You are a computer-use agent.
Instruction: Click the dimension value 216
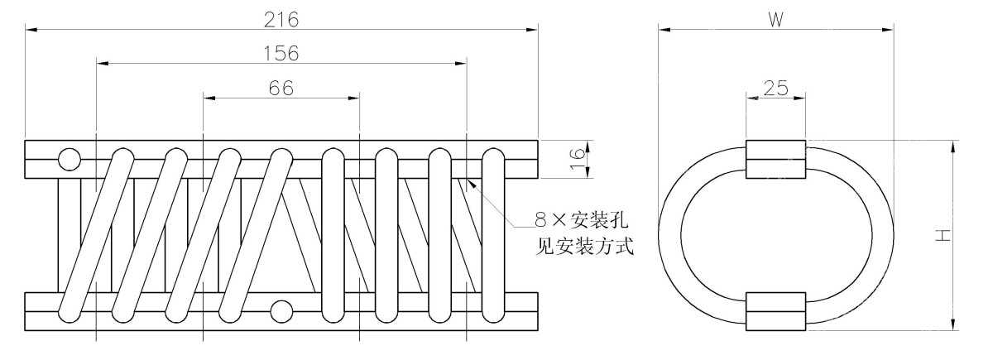click(x=281, y=18)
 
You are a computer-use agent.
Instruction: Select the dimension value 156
click(x=281, y=52)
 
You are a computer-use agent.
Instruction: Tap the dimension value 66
click(x=281, y=88)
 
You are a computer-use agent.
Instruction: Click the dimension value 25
click(x=775, y=88)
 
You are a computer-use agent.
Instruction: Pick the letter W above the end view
click(x=775, y=20)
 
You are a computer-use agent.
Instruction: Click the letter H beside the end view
click(x=943, y=236)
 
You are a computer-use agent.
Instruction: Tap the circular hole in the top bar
click(x=69, y=157)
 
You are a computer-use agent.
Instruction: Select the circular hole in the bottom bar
click(x=282, y=311)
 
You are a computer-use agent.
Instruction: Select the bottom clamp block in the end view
click(x=775, y=311)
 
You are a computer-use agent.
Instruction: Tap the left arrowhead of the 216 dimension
click(x=31, y=31)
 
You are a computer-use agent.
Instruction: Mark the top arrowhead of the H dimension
click(x=954, y=146)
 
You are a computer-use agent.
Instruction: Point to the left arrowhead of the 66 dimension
click(x=209, y=98)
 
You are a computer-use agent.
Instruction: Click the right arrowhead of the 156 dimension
click(x=461, y=63)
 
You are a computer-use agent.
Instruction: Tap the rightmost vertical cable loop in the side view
click(x=493, y=236)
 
